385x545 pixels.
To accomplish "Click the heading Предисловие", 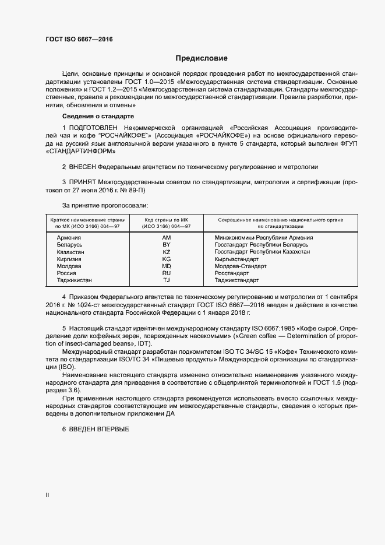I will coord(202,58).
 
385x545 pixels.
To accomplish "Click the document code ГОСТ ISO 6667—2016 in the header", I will coord(79,39).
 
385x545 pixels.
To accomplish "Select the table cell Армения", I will coord(68,238).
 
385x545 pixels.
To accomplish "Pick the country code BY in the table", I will coord(167,245).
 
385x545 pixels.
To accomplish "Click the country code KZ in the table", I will coord(167,252).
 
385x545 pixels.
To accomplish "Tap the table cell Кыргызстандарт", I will coord(239,259).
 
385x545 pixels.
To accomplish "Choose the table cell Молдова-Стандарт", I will coord(241,266).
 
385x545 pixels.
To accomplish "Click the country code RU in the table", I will coord(167,273).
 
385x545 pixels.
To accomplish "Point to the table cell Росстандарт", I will coord(232,273).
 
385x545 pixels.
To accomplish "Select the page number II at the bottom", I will coord(47,495).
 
